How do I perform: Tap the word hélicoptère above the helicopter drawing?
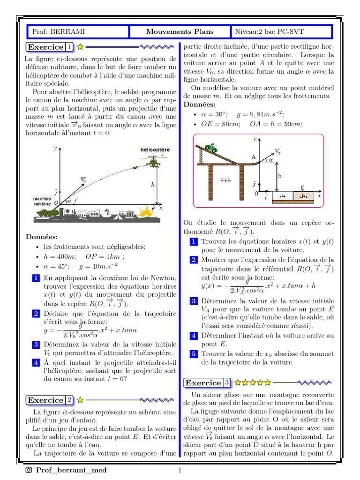click(x=155, y=150)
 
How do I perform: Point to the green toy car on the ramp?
click(x=211, y=148)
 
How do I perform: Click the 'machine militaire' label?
click(x=42, y=201)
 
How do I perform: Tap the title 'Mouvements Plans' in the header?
click(x=180, y=31)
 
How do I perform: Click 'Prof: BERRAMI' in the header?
click(x=59, y=31)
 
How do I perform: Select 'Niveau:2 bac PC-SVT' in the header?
click(x=269, y=31)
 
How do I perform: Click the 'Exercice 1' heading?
click(x=50, y=47)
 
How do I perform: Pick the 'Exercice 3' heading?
click(x=207, y=382)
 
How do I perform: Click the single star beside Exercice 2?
click(x=80, y=400)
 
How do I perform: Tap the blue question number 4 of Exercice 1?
click(x=36, y=363)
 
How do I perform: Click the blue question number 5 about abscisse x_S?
click(x=194, y=354)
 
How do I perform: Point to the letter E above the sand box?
click(x=302, y=187)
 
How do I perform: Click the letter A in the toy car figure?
click(x=254, y=157)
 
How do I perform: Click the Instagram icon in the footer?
click(x=29, y=470)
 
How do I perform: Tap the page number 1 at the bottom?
click(x=180, y=470)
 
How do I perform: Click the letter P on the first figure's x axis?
click(x=153, y=209)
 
